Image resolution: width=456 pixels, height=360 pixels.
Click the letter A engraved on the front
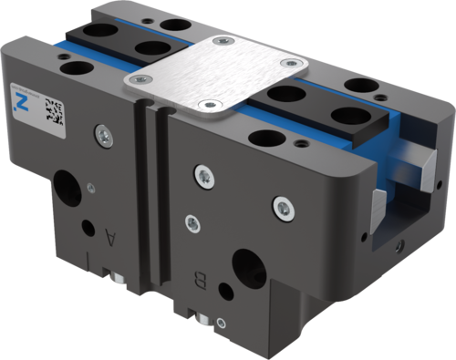(x=111, y=239)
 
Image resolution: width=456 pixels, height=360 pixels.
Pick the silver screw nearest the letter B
(x=192, y=221)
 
